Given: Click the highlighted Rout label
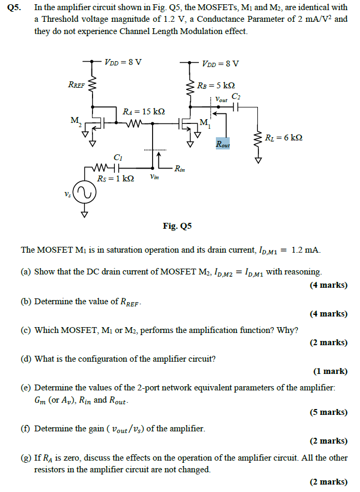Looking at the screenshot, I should click(223, 144).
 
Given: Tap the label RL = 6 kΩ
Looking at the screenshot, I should click(283, 137).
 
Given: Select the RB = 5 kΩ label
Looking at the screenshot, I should click(216, 86).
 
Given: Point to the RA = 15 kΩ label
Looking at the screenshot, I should click(144, 112).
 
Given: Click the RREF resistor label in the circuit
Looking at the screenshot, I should click(77, 85).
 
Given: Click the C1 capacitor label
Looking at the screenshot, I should click(119, 157).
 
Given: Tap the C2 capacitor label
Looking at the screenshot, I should click(236, 96).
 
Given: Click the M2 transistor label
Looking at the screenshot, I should click(77, 122).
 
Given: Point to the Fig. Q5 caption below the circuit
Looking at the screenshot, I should click(177, 226).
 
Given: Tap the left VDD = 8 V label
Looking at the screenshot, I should click(123, 62).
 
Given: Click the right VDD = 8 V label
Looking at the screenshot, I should click(221, 64).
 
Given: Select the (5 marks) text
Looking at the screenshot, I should click(329, 412).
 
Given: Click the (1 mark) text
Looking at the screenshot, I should click(330, 371).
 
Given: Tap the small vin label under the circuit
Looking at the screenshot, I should click(154, 177).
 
